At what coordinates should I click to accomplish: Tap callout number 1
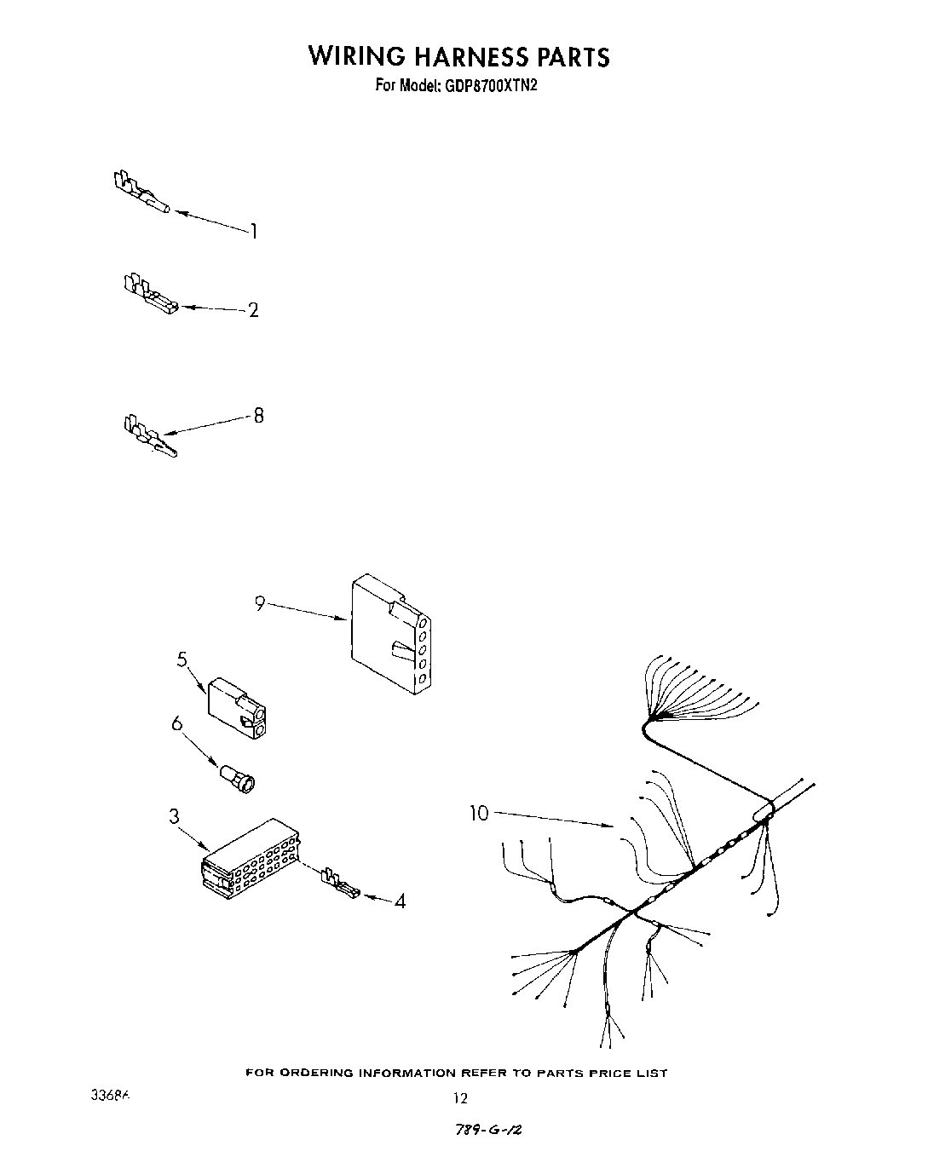(253, 231)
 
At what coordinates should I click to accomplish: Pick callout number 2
(253, 310)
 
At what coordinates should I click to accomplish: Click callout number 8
(258, 416)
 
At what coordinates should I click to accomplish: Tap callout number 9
(260, 603)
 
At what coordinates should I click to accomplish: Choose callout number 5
(182, 659)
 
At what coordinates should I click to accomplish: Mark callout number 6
(177, 723)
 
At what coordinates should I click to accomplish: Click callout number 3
(174, 816)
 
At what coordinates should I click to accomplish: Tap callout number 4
(400, 901)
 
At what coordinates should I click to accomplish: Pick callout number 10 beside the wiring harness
(480, 814)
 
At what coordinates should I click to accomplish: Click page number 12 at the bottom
(460, 1099)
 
